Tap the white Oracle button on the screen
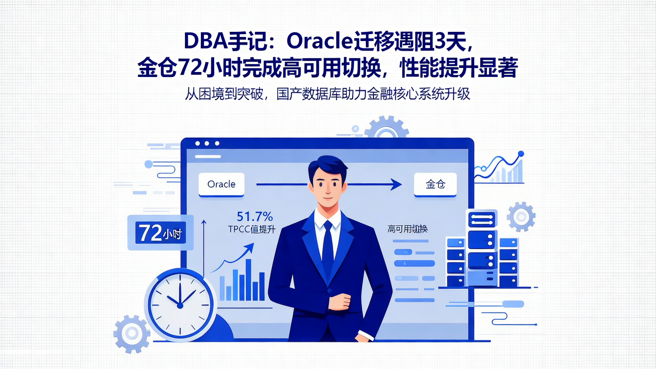221,184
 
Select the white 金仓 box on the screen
435,184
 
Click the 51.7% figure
255,216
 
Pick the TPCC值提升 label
252,229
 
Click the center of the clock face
180,305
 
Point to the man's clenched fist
340,301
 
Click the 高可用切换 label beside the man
408,229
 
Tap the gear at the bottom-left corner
132,334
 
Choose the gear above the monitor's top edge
386,128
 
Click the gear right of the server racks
521,216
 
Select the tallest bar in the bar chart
249,280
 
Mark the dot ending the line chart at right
521,154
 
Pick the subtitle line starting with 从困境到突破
328,93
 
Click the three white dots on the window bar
206,143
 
